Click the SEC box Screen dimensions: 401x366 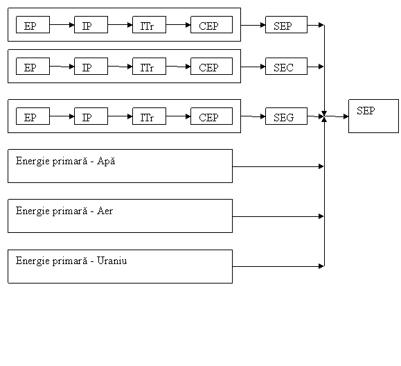tap(286, 67)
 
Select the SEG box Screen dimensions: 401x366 tap(286, 116)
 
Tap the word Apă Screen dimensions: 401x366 tap(106, 162)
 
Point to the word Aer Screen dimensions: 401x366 tap(105, 211)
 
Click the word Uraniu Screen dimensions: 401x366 tap(112, 261)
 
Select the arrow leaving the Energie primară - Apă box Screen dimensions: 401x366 tap(278, 166)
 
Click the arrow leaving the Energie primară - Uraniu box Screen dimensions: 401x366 tap(278, 266)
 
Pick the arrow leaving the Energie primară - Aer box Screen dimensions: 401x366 tap(278, 216)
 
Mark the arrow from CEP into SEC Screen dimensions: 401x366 tap(253, 67)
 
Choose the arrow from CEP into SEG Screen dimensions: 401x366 tap(253, 116)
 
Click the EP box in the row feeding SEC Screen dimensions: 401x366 tap(33, 67)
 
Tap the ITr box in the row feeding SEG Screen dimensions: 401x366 tap(149, 116)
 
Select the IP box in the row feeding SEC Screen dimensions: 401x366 tap(91, 67)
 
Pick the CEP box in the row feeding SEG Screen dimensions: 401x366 tap(211, 116)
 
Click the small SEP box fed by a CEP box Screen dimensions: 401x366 tap(286, 24)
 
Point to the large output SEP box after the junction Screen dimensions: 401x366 tap(373, 116)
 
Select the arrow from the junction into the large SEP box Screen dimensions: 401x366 tap(337, 116)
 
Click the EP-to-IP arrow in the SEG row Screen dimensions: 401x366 tap(62, 116)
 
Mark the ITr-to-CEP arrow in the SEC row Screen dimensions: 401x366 tap(178, 67)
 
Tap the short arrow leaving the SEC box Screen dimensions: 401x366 tap(316, 67)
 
